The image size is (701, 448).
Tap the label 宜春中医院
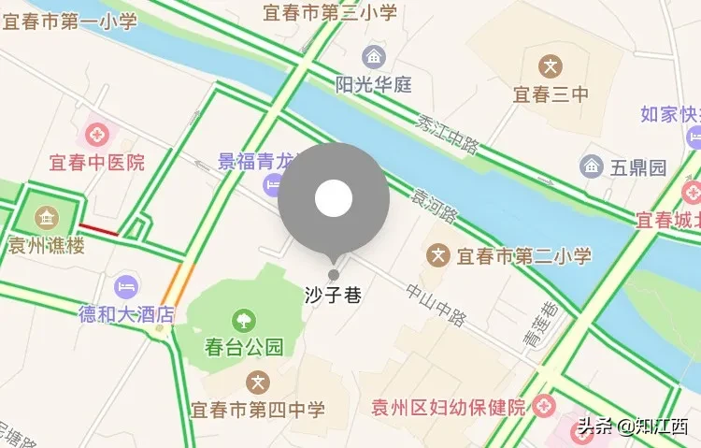point(97,162)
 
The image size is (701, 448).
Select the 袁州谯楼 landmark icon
point(45,218)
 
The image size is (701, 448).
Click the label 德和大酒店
point(127,313)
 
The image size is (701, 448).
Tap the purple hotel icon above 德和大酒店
point(127,285)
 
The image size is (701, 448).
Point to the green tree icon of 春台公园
point(244,320)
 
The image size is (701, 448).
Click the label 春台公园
point(244,347)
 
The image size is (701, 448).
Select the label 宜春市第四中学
point(258,410)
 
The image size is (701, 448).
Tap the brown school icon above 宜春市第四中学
point(258,382)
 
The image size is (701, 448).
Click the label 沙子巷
point(333,294)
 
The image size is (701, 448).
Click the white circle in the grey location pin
point(334,197)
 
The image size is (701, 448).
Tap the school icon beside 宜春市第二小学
point(437,254)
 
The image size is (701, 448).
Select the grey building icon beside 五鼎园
point(591,167)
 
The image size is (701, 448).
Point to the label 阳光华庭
point(374,84)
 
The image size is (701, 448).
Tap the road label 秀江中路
point(449,135)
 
